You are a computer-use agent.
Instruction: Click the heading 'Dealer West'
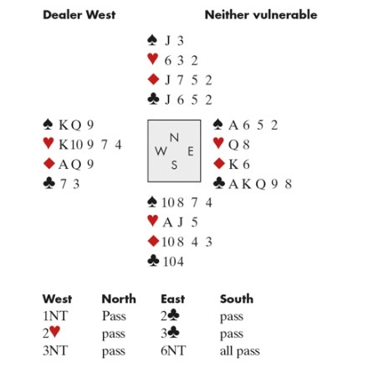(x=79, y=15)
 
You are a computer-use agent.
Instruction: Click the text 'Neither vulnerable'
(x=261, y=15)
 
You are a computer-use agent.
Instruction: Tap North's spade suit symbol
(x=152, y=40)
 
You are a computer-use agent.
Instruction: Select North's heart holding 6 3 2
(x=181, y=60)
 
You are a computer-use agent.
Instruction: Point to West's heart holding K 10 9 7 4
(x=90, y=145)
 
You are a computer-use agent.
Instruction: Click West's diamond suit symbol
(x=49, y=163)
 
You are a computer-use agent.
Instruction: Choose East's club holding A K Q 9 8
(x=260, y=184)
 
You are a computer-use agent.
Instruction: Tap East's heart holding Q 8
(x=239, y=145)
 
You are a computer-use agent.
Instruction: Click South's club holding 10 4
(x=173, y=262)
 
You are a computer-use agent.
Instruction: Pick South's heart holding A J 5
(x=181, y=222)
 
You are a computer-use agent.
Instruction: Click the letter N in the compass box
(x=174, y=137)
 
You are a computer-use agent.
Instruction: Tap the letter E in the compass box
(x=191, y=151)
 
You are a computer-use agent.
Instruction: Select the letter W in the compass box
(x=161, y=151)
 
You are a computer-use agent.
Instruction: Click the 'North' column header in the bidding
(x=119, y=299)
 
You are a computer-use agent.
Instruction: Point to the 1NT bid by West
(x=55, y=316)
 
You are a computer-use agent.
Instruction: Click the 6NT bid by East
(x=173, y=350)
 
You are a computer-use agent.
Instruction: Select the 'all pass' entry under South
(x=240, y=351)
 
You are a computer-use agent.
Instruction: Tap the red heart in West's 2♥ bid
(x=55, y=332)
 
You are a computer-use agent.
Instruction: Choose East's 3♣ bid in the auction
(x=170, y=333)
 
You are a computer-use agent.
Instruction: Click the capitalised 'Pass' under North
(x=114, y=316)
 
